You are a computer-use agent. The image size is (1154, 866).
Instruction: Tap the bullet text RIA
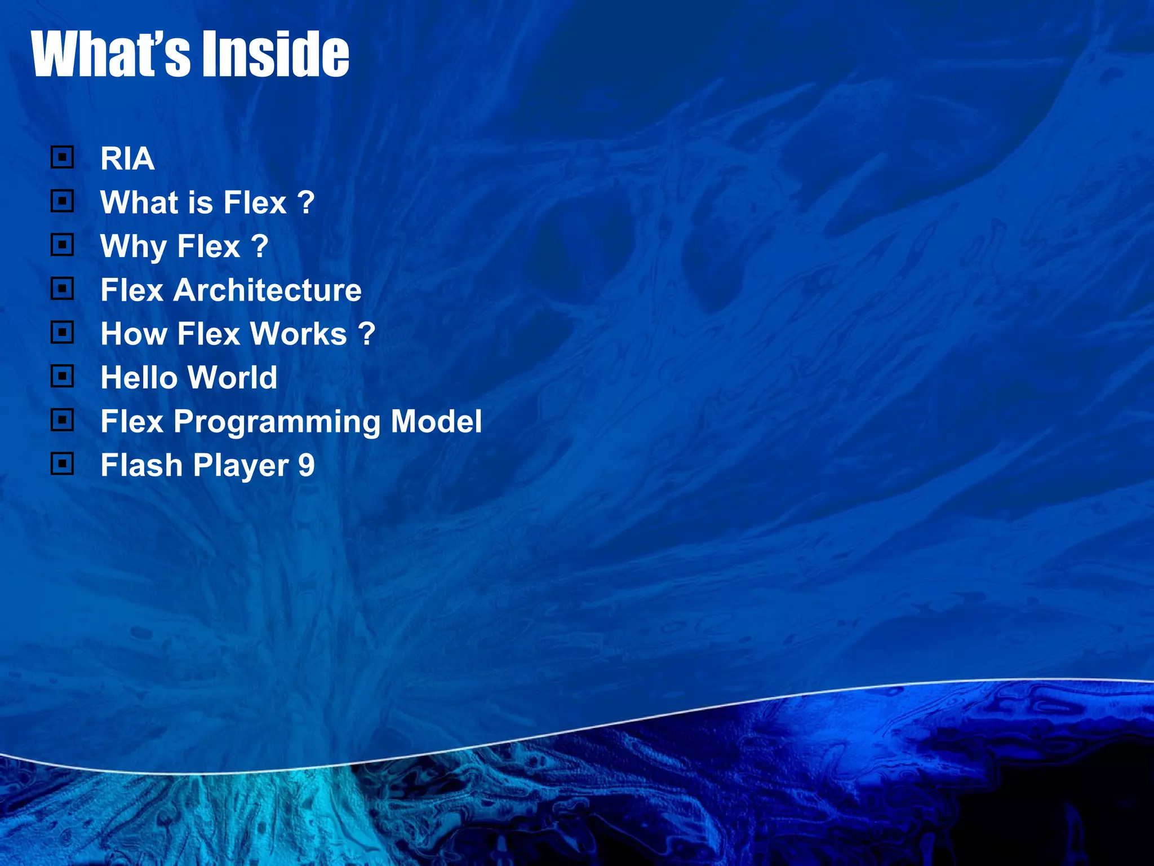click(127, 158)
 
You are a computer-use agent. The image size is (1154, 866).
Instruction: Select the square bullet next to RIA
click(62, 157)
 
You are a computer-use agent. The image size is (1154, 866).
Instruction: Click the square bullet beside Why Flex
click(62, 245)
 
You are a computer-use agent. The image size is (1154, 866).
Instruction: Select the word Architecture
click(267, 290)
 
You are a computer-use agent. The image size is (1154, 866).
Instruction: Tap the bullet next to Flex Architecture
click(62, 289)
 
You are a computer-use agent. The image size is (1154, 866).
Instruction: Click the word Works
click(298, 334)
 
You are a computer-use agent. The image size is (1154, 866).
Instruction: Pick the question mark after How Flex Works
click(366, 334)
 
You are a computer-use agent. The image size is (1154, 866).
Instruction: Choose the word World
click(232, 377)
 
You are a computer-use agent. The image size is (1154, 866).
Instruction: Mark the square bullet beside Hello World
click(62, 376)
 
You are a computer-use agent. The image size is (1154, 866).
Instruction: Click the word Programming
click(277, 422)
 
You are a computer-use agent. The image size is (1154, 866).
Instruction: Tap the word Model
click(436, 421)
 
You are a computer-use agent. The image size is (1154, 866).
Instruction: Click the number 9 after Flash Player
click(306, 465)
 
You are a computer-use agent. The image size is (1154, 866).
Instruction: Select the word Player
click(241, 466)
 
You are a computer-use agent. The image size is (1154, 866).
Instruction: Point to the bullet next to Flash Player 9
click(62, 464)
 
